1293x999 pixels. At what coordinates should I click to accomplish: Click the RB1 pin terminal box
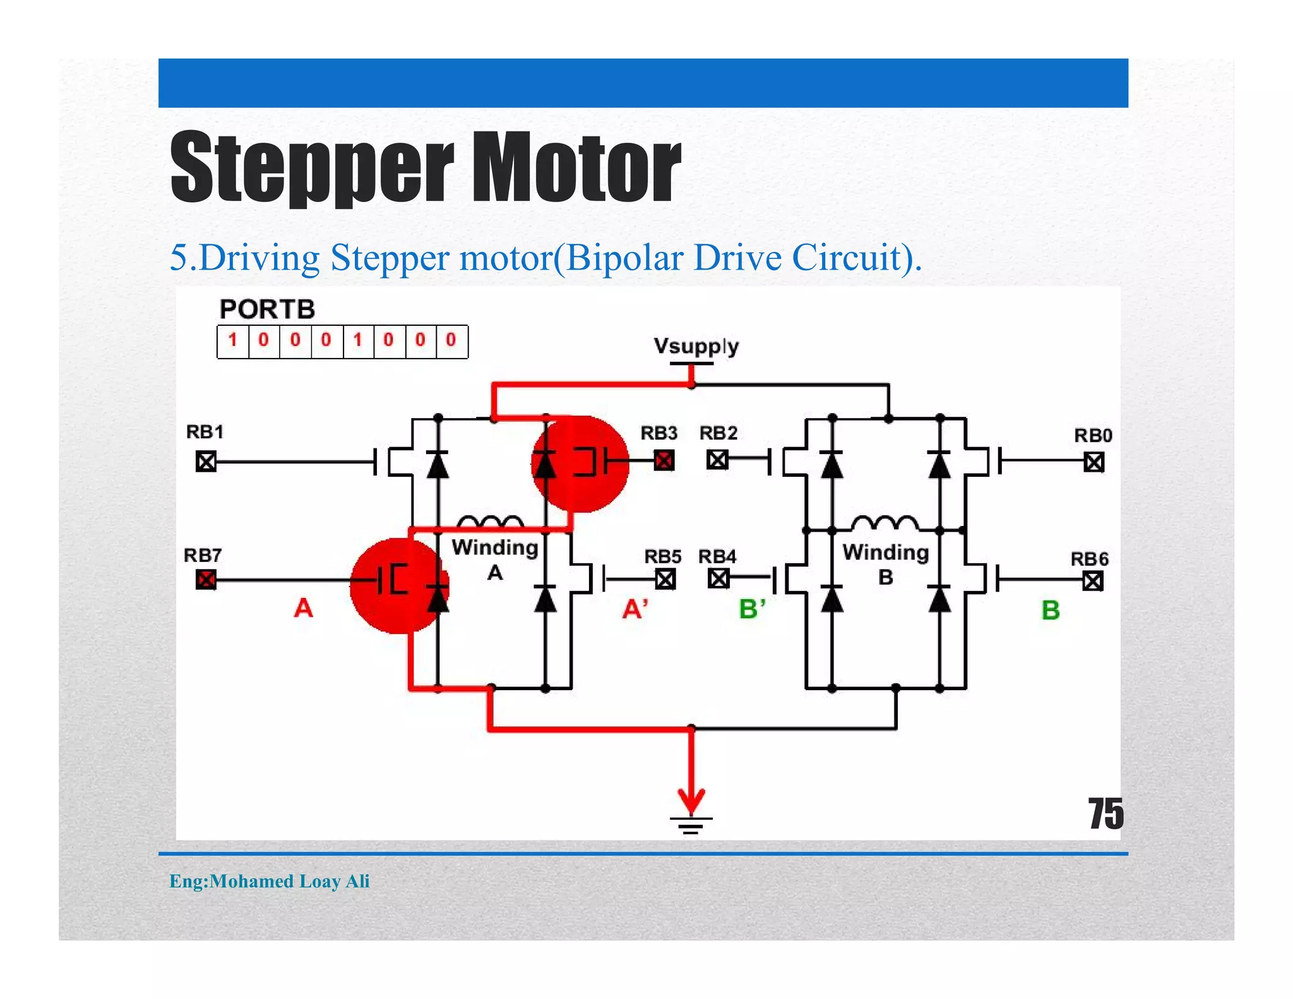click(206, 462)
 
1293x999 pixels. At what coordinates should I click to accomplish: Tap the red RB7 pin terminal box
click(206, 579)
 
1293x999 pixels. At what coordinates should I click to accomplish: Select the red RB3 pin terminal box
click(664, 460)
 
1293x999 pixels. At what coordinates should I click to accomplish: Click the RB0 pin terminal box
click(1094, 462)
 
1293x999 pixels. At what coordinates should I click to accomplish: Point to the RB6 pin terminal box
click(1093, 580)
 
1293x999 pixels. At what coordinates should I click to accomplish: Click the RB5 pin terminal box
click(665, 579)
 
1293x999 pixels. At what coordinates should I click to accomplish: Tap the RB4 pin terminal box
click(718, 578)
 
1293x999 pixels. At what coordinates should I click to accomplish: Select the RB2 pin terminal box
click(717, 459)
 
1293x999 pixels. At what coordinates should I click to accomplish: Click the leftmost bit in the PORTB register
click(233, 341)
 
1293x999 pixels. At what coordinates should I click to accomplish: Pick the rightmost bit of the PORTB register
click(451, 341)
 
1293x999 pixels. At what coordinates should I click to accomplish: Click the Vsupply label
click(696, 346)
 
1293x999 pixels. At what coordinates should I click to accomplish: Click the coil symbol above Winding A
click(490, 522)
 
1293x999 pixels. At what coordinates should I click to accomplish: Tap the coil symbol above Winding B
click(885, 522)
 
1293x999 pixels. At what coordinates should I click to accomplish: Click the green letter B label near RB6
click(1050, 610)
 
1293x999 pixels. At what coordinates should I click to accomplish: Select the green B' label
click(752, 609)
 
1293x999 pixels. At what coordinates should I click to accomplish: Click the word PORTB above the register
click(267, 309)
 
